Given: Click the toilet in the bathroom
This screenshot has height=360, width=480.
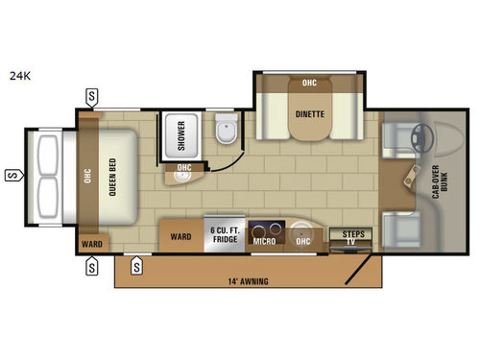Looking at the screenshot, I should [x=227, y=135].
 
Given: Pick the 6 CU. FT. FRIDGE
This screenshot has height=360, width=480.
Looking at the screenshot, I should [x=227, y=235].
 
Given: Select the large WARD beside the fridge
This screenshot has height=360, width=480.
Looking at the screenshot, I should [x=180, y=235].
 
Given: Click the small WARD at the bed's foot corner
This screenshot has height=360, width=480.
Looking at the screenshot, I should [x=92, y=242].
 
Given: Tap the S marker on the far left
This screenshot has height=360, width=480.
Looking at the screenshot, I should [x=12, y=175].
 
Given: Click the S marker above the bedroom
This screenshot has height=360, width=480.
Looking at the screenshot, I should [x=91, y=95].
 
